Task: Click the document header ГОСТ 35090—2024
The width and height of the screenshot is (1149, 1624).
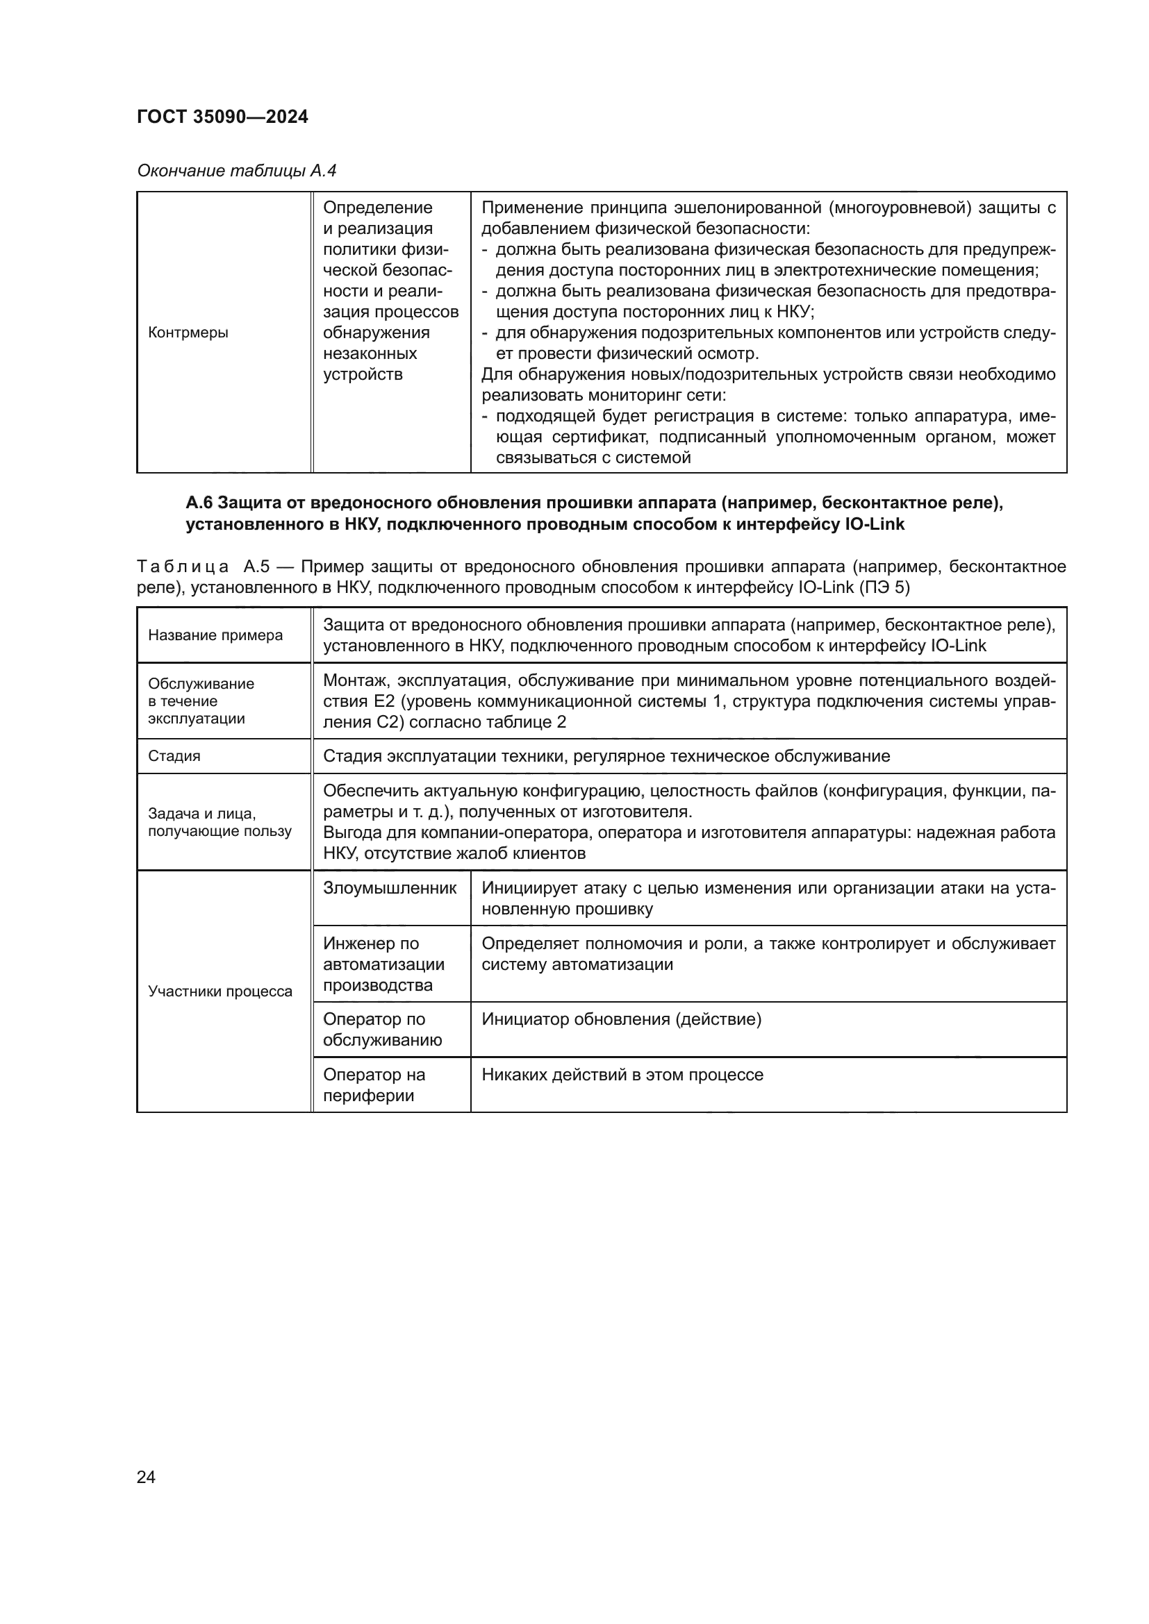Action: click(222, 117)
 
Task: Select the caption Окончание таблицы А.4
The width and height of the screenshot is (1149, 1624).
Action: click(236, 171)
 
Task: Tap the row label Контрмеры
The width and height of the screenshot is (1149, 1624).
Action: click(188, 333)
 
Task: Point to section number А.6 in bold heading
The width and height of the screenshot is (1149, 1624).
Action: click(199, 503)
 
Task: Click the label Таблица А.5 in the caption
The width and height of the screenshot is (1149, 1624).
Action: click(204, 567)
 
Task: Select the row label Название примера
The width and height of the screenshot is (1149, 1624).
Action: click(215, 635)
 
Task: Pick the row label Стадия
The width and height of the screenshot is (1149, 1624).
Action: click(174, 756)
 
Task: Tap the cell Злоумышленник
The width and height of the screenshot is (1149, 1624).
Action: click(390, 889)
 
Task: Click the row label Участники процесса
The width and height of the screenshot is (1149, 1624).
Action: click(220, 991)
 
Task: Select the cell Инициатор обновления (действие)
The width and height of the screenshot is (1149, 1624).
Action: click(621, 1019)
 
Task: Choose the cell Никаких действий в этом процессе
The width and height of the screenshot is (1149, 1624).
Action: click(622, 1074)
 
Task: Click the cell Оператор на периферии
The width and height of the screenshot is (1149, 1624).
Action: click(374, 1085)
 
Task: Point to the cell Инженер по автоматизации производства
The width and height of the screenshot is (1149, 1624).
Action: click(383, 964)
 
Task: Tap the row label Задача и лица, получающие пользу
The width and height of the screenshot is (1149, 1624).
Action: click(220, 822)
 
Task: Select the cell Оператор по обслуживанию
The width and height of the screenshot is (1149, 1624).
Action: click(382, 1029)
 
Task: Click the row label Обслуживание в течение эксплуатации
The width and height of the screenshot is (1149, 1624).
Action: click(201, 701)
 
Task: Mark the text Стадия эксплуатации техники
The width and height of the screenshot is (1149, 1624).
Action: click(446, 756)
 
